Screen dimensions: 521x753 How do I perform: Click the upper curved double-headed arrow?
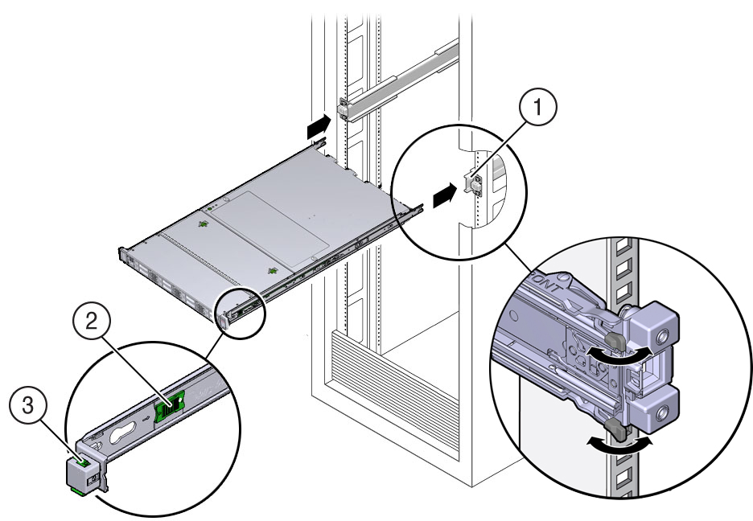[619, 356]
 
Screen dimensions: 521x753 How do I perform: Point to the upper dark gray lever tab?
[615, 340]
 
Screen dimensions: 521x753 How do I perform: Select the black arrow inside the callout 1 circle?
[445, 195]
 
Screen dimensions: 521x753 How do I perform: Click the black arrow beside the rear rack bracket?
[318, 125]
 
